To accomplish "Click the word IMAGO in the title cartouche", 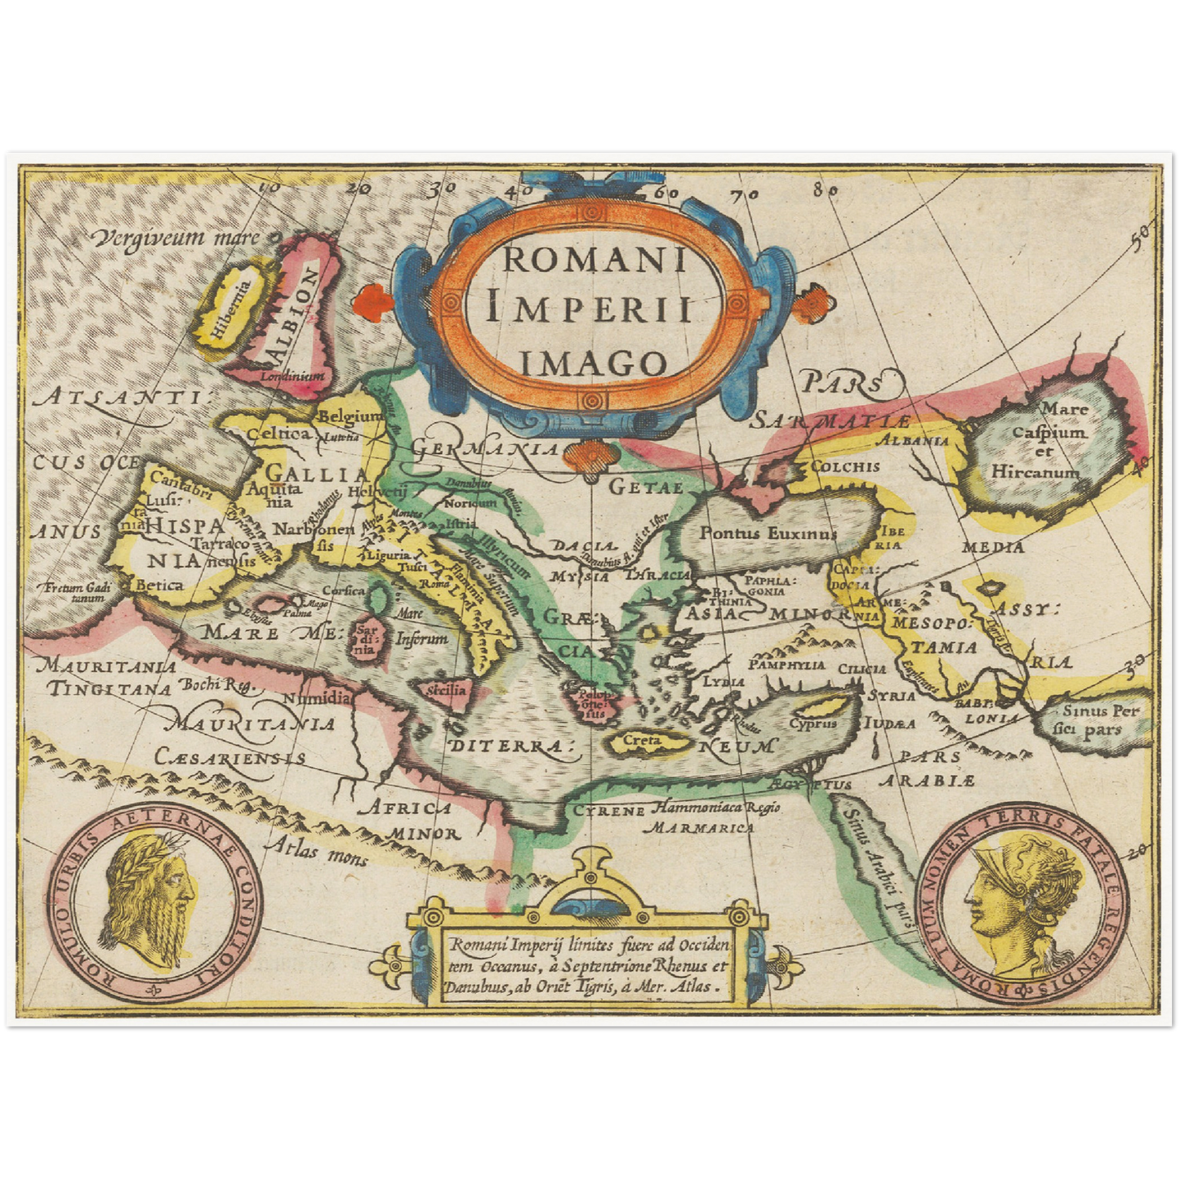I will pos(593,362).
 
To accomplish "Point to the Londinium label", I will pos(292,376).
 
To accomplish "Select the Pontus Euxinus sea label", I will pos(768,532).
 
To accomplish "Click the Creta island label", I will pos(641,740).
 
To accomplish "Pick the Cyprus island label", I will pos(813,723).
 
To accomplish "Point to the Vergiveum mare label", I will pos(176,238).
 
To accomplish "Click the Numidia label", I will pos(318,699).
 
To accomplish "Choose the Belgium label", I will pos(350,416).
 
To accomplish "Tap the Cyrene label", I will pos(609,811).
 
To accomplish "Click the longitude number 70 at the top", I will pos(744,194).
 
